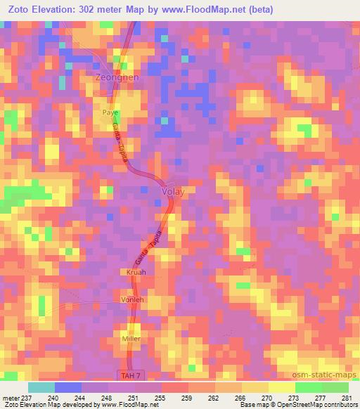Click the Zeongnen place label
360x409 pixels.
[117, 79]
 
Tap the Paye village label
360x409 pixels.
[110, 112]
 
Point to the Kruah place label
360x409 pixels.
[136, 272]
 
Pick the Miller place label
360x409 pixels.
[131, 339]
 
